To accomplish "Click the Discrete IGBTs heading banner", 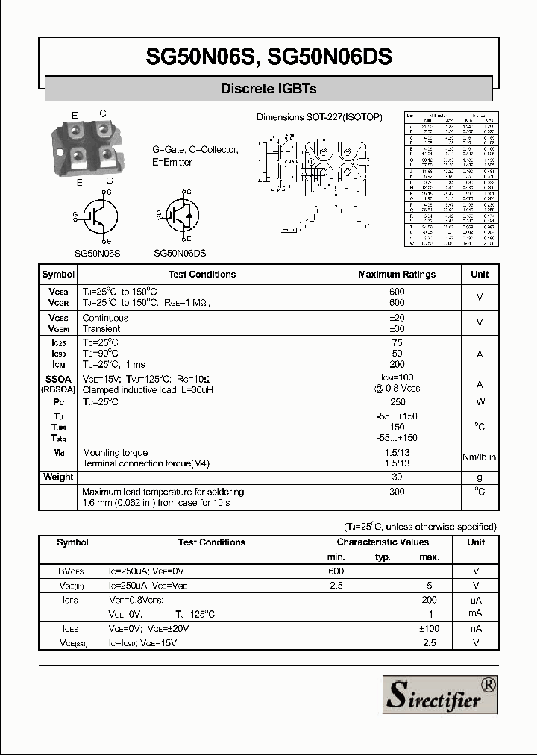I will pos(268,89).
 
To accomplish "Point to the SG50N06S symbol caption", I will pos(97,253).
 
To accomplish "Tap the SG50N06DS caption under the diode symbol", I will pos(180,253).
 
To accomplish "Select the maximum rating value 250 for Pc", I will pos(397,402).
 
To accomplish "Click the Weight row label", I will pos(58,477).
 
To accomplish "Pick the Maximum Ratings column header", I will pos(397,275).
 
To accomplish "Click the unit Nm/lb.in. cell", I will pos(480,457).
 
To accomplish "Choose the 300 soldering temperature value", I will pos(397,492).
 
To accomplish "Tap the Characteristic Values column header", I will pos(383,542).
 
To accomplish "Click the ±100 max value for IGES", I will pos(429,628).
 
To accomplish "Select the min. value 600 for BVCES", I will pos(336,571).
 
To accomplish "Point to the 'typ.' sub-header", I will pos(383,557).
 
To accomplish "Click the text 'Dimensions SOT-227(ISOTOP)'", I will pos(319,117).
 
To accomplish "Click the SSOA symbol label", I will pos(58,379).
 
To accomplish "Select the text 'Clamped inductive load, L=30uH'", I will pos(148,390).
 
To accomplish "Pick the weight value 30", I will pos(397,477).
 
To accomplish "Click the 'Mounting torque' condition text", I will pos(115,452).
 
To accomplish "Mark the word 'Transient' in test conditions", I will pos(101,328).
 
